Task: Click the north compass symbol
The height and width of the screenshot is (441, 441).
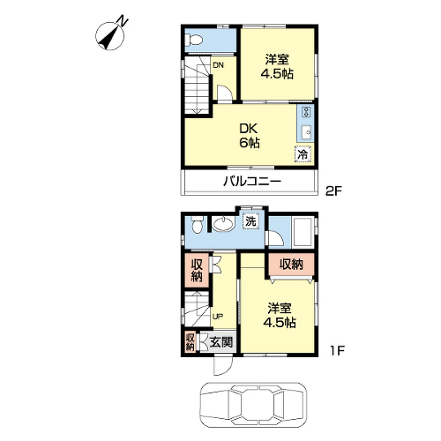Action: [x=110, y=35]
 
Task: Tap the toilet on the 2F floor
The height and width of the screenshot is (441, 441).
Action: [x=194, y=40]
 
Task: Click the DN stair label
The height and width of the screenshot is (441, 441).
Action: [x=218, y=65]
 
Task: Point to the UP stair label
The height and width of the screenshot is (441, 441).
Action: [x=218, y=317]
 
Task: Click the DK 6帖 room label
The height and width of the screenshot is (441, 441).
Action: [x=249, y=136]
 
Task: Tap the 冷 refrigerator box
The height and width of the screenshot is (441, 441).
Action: [x=303, y=153]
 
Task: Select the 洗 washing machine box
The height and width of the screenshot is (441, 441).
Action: [x=250, y=220]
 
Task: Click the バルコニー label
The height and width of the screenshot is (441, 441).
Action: [x=252, y=182]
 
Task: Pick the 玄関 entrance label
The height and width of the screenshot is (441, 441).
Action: [x=221, y=342]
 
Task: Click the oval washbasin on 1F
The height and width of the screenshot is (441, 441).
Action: [x=223, y=225]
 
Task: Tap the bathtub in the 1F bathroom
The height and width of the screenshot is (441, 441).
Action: [x=303, y=232]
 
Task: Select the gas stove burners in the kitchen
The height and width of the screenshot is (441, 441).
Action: [x=307, y=112]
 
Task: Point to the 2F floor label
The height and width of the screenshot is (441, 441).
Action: [x=334, y=191]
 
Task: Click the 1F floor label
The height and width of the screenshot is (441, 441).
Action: [x=337, y=350]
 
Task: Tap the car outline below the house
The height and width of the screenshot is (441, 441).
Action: [x=253, y=405]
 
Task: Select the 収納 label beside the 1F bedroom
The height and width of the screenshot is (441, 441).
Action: [x=291, y=265]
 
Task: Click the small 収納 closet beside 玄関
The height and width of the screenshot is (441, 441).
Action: [x=191, y=341]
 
